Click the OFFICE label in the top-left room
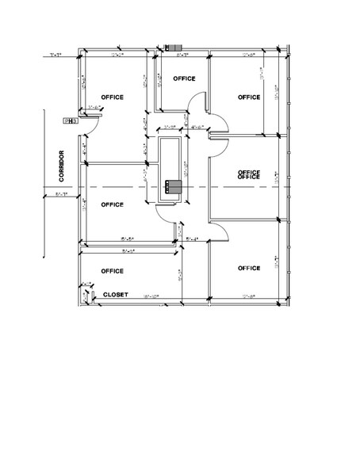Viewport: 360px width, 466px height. point(113,97)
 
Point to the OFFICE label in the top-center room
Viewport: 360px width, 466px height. point(184,78)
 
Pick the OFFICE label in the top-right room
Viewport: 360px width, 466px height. point(249,97)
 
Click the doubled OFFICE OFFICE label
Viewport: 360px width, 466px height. point(249,174)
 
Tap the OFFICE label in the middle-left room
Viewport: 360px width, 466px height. point(113,204)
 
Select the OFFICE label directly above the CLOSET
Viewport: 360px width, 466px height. point(113,271)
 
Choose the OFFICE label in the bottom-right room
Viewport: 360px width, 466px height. point(249,268)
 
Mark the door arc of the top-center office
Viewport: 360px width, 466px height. point(198,101)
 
